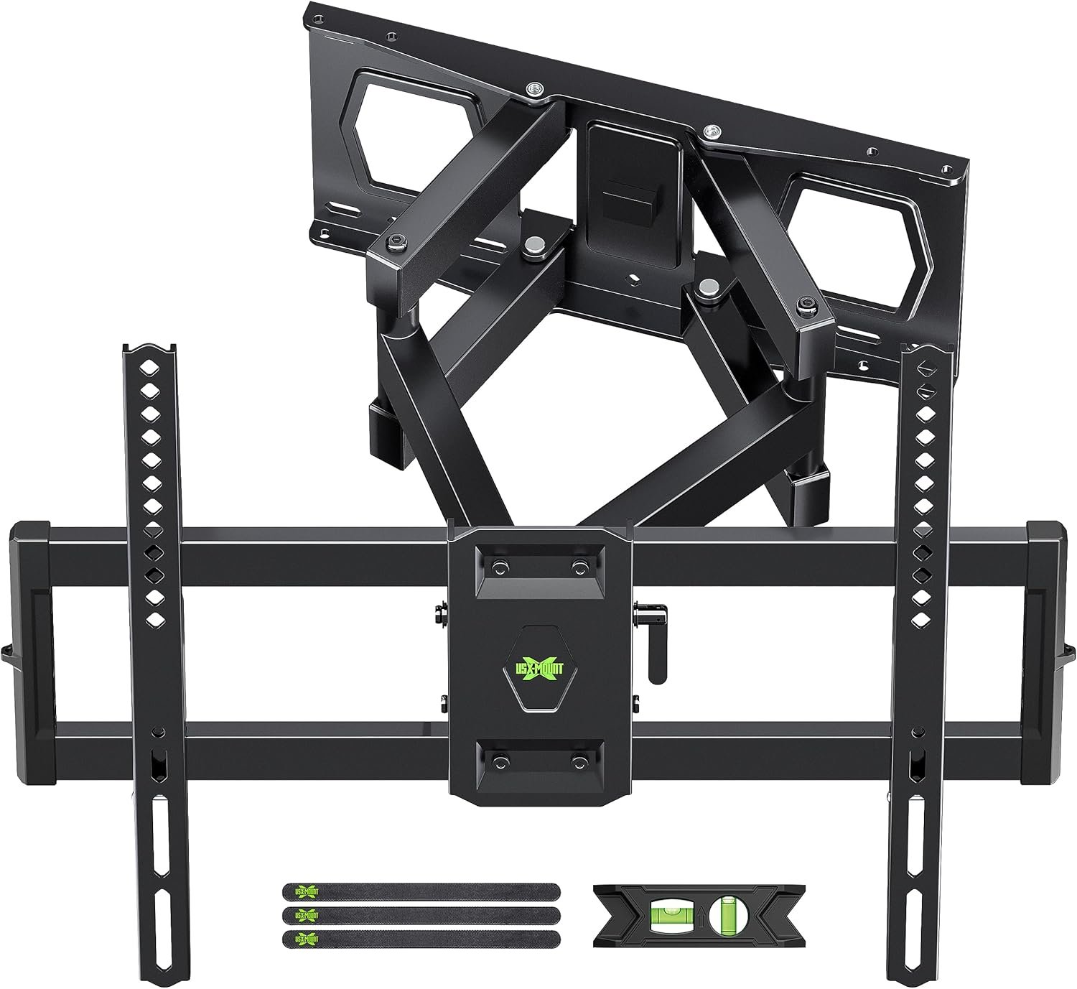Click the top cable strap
click(x=421, y=892)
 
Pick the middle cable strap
click(x=421, y=915)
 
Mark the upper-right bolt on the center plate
click(x=577, y=567)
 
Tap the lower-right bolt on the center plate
click(x=577, y=759)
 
